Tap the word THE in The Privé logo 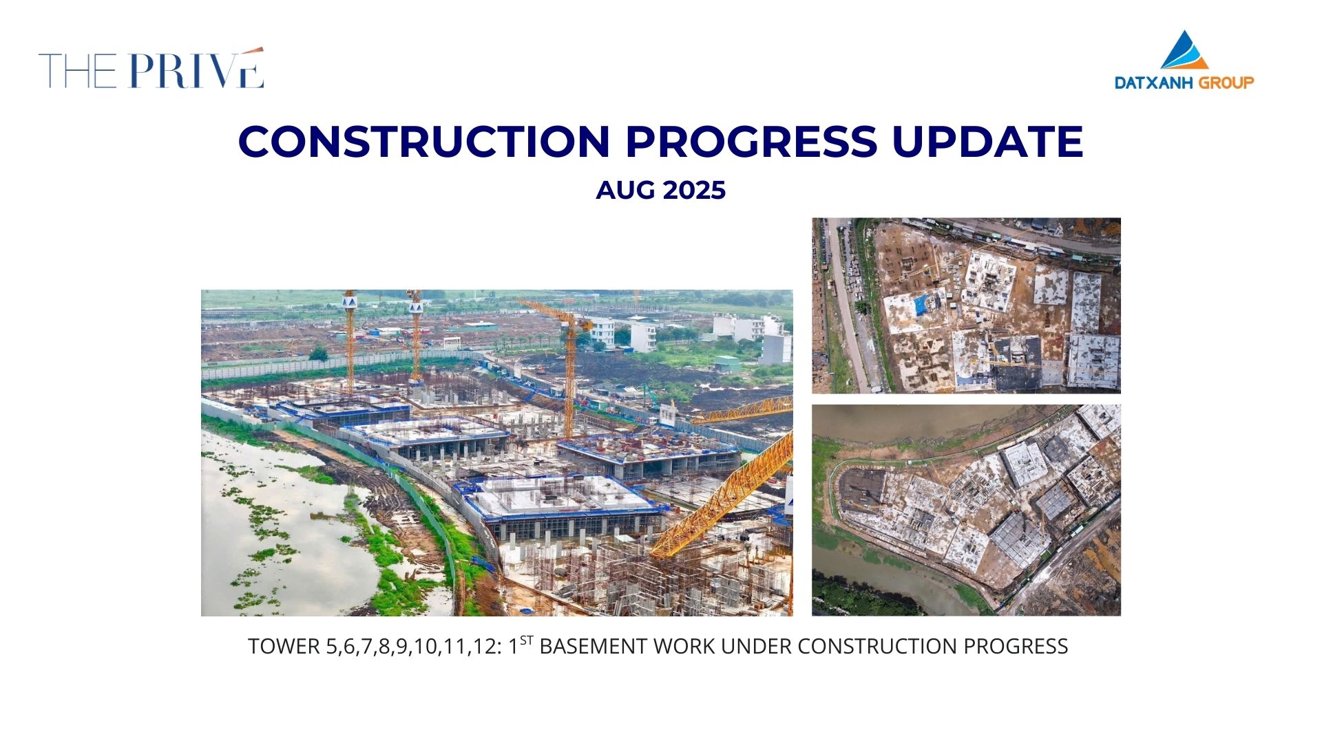coord(78,70)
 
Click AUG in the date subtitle coord(620,190)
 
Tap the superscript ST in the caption coord(527,640)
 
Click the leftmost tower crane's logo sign coord(349,301)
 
